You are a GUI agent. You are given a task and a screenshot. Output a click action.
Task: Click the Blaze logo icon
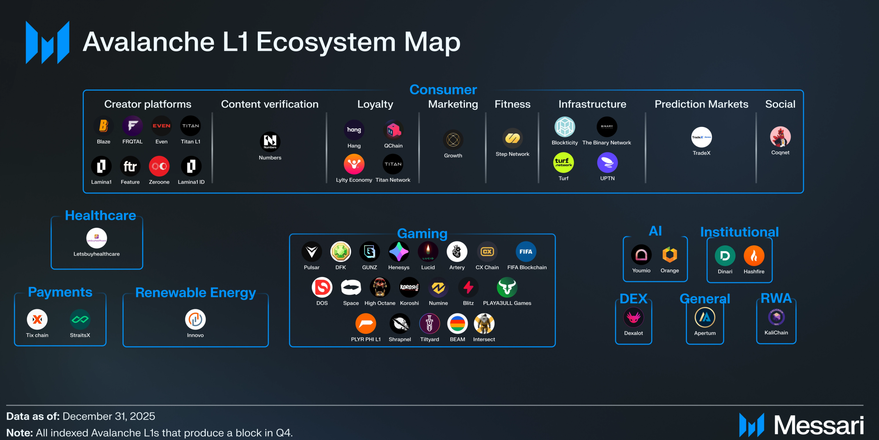point(103,126)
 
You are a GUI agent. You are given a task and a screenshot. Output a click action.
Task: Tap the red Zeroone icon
point(159,166)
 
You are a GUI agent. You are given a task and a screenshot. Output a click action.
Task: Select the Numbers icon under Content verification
point(270,142)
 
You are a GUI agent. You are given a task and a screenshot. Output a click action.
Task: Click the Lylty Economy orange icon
point(354,164)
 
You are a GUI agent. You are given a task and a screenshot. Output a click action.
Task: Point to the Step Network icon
point(513,138)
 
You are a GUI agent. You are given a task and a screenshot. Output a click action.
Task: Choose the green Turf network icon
point(563,163)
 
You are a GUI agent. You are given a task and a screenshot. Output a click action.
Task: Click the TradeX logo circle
point(701,137)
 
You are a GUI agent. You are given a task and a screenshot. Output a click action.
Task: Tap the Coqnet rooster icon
point(780,137)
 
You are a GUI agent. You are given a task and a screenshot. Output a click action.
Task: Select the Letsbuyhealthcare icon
point(96,238)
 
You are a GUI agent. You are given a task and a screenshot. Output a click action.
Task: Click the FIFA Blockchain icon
point(526,252)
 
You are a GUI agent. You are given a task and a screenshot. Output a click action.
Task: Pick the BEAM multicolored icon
point(457,324)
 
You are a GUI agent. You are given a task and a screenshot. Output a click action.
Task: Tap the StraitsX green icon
point(80,320)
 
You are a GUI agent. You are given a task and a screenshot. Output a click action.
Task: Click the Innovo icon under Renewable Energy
point(195,320)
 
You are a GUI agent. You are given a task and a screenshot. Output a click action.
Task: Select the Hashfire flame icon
point(754,256)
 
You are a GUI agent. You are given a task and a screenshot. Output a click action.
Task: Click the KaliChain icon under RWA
point(776,317)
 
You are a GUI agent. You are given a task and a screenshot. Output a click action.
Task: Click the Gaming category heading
point(422,233)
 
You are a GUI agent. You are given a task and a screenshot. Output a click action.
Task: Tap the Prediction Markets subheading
point(701,104)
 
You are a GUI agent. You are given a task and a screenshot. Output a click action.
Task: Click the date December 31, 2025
point(109,416)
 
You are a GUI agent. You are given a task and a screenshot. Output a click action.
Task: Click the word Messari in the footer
point(819,425)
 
